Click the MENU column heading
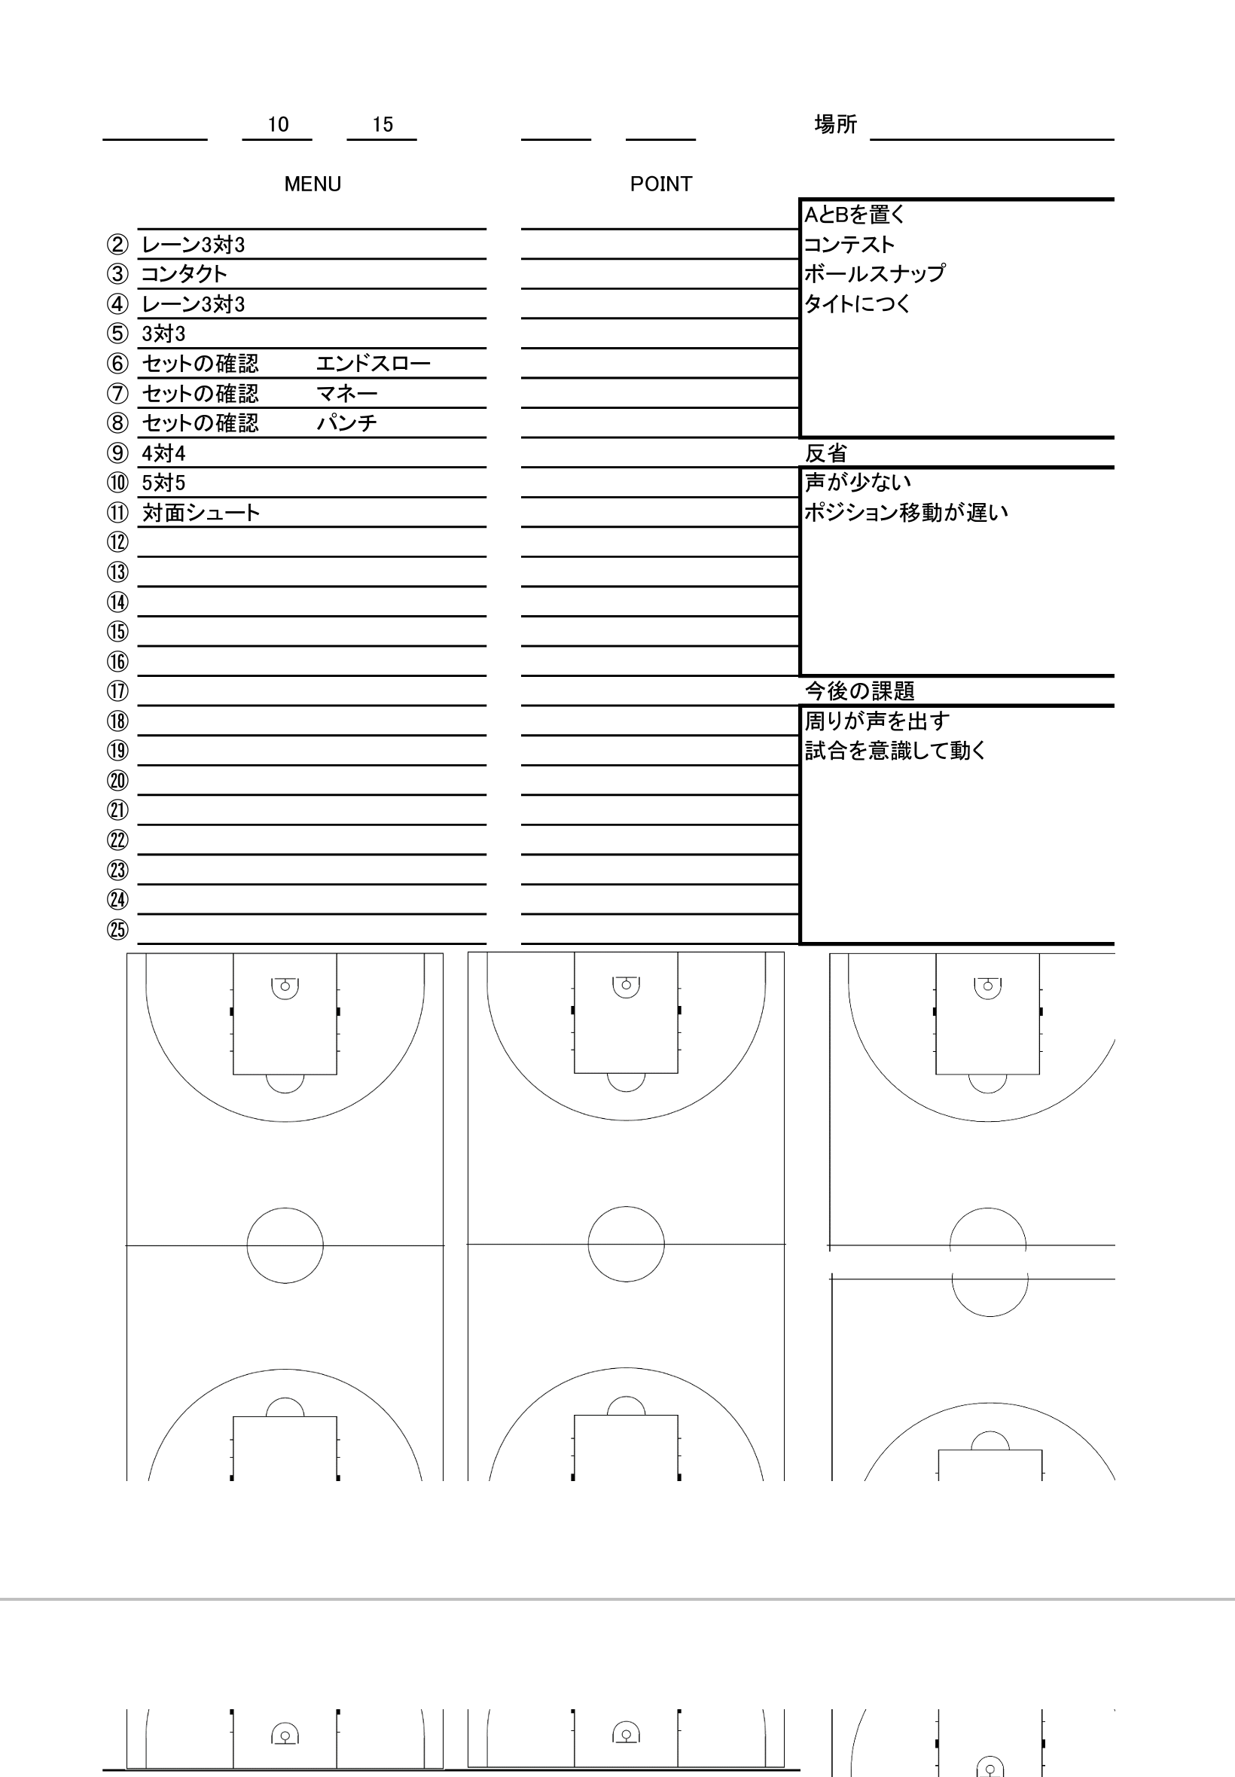click(313, 184)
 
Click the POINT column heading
click(661, 184)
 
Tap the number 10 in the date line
click(278, 124)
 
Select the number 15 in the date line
click(383, 124)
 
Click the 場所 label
click(836, 123)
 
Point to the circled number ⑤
click(117, 334)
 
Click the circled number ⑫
click(117, 541)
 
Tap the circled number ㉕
click(117, 929)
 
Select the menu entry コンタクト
click(184, 274)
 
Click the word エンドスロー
click(373, 363)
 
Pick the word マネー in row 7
click(346, 393)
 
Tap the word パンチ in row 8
click(346, 422)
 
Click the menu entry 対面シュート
click(201, 512)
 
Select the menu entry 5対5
click(163, 483)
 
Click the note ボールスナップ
click(874, 273)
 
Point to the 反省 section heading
click(826, 453)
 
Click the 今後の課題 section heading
click(860, 690)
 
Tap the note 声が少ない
click(858, 482)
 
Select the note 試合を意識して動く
click(895, 751)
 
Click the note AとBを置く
click(854, 215)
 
